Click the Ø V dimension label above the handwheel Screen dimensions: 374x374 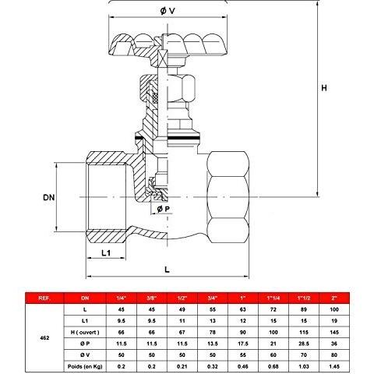click(168, 11)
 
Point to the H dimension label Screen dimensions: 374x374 click(324, 88)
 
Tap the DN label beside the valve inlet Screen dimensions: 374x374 click(49, 198)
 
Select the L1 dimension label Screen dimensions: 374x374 click(106, 252)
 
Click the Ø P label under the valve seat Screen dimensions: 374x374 click(164, 209)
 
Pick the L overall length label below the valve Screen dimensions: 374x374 click(167, 270)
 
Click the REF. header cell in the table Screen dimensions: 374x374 click(44, 298)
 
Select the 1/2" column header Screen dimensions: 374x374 click(182, 298)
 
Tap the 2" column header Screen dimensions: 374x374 click(334, 298)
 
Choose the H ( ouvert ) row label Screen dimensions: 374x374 click(85, 332)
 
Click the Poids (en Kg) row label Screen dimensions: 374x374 click(85, 366)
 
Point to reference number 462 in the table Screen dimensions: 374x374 click(44, 338)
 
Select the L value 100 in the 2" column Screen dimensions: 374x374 click(334, 309)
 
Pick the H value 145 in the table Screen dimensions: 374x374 click(334, 332)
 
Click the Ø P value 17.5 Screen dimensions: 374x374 click(243, 344)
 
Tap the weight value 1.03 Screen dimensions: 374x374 click(304, 366)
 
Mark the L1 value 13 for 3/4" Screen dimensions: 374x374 click(213, 321)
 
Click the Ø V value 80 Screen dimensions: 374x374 click(334, 355)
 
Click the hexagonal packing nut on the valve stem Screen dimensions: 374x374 click(168, 87)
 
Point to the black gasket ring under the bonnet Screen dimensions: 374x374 click(168, 137)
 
